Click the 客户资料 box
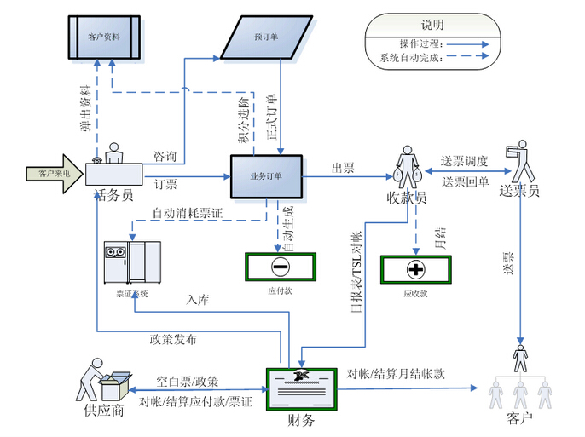[103, 37]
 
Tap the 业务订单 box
[266, 176]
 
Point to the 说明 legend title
[432, 26]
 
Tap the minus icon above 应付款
[281, 267]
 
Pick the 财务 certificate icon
[300, 389]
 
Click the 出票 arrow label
[343, 169]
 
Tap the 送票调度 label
[464, 161]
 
